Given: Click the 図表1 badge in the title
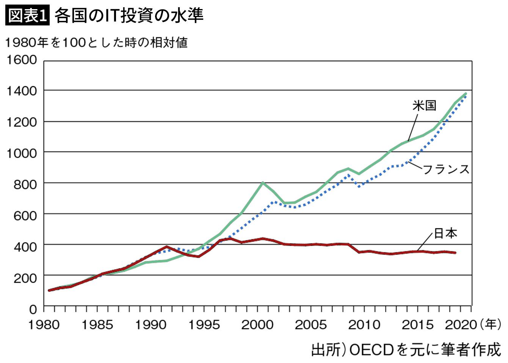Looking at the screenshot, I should [x=27, y=16].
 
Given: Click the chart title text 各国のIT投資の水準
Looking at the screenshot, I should [x=129, y=16].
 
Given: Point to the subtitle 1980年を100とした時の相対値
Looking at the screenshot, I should [x=96, y=42].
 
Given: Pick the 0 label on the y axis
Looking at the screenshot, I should [x=33, y=309].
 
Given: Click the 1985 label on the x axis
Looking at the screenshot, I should [x=97, y=325].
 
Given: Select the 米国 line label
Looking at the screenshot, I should [x=424, y=105].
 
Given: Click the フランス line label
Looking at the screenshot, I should [x=446, y=169].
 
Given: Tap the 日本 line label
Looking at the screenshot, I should [x=445, y=233].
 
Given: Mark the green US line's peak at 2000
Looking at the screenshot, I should [x=263, y=183].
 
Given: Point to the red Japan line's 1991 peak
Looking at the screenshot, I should [x=167, y=247].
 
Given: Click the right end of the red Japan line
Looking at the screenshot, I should [x=455, y=253].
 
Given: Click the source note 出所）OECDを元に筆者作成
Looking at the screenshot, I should [x=406, y=350].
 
